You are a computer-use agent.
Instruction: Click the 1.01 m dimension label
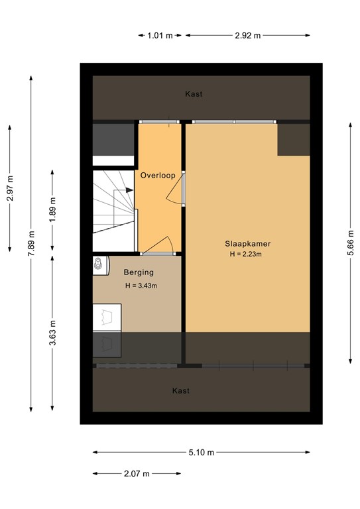point(160,35)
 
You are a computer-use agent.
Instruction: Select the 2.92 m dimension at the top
point(247,35)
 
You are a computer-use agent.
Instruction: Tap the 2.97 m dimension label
point(10,188)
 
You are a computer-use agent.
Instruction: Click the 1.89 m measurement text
point(53,209)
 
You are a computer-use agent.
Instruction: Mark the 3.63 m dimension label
point(53,333)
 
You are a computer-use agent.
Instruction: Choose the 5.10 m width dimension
point(201,453)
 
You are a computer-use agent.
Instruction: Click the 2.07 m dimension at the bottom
point(137,474)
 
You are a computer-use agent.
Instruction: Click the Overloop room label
point(157,175)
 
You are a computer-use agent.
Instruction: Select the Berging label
point(139,272)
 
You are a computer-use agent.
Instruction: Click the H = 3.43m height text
point(141,286)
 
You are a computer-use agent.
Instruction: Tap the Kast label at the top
point(194,94)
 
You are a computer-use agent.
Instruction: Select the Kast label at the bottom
point(181,391)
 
